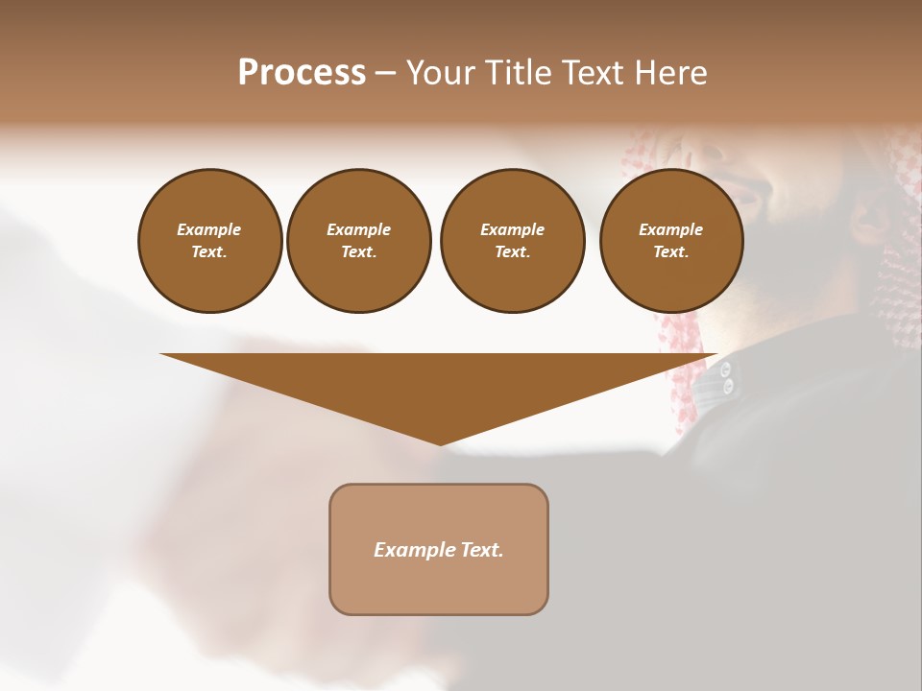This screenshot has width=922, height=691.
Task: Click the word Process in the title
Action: click(302, 73)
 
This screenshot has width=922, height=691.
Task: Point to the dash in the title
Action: click(385, 74)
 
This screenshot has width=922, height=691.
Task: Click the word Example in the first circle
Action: click(209, 229)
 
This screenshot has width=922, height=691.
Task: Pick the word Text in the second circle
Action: click(358, 252)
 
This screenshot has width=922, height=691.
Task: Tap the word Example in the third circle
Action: click(512, 229)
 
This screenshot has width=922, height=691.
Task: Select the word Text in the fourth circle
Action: click(670, 252)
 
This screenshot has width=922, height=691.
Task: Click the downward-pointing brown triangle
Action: click(439, 384)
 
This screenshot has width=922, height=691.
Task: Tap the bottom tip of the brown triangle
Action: click(440, 442)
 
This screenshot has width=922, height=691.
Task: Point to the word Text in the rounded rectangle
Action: click(482, 550)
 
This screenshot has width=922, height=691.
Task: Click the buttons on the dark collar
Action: click(727, 377)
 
